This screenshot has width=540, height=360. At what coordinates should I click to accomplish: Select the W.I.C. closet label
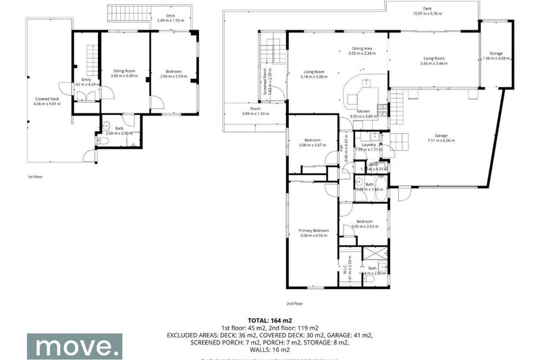(x=345, y=271)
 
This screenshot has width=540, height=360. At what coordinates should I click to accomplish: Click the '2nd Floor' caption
(x=295, y=304)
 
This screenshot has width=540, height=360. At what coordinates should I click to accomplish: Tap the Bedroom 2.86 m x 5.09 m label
(x=170, y=73)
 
